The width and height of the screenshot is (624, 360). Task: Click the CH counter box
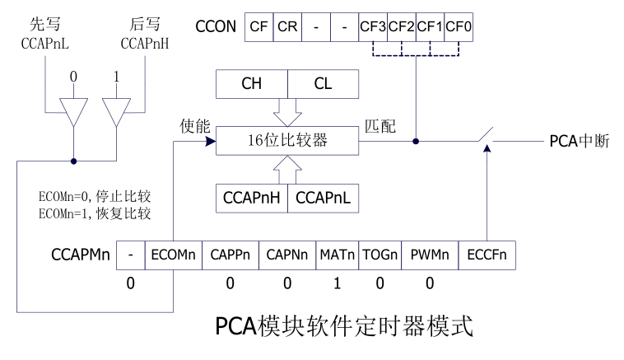[x=251, y=83]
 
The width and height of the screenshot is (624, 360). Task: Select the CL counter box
[x=323, y=83]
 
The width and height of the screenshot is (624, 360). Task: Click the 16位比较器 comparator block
[x=287, y=141]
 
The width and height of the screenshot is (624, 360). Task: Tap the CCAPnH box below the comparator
[x=251, y=199]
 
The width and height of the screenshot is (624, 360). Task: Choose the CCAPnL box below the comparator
[x=323, y=199]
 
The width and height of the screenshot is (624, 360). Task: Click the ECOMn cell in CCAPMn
[x=172, y=255]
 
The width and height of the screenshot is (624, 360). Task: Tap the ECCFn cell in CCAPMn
[x=487, y=255]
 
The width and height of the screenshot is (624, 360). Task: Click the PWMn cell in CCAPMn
[x=428, y=255]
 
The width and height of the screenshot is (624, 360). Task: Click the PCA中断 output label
[x=579, y=141]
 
